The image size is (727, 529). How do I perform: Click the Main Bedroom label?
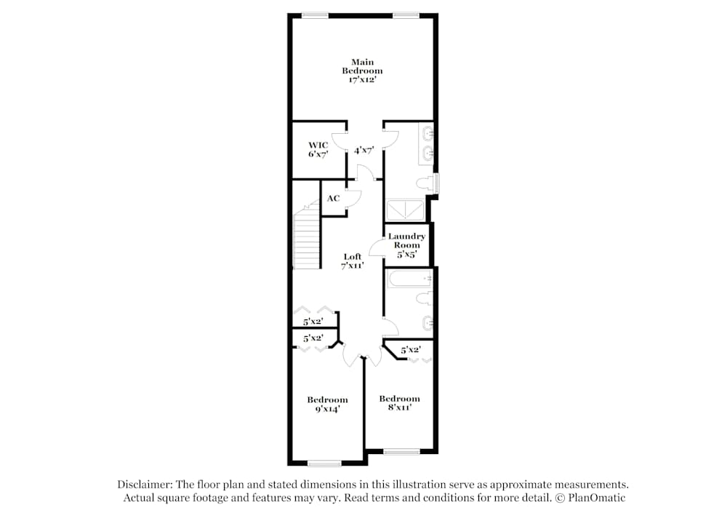click(362, 71)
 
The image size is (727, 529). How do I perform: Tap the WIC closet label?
click(318, 150)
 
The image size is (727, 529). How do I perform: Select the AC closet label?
click(333, 198)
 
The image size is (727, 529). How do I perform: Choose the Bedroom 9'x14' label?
click(327, 405)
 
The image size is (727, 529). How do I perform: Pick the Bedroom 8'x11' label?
click(399, 403)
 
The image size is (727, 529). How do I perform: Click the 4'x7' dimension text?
click(363, 150)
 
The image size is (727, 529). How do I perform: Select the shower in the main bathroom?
click(406, 210)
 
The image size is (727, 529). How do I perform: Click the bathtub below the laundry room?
click(409, 279)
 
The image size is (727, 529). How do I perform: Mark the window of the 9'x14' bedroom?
click(324, 463)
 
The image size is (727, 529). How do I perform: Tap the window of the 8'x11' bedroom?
click(401, 452)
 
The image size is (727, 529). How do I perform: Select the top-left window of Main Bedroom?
click(314, 15)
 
